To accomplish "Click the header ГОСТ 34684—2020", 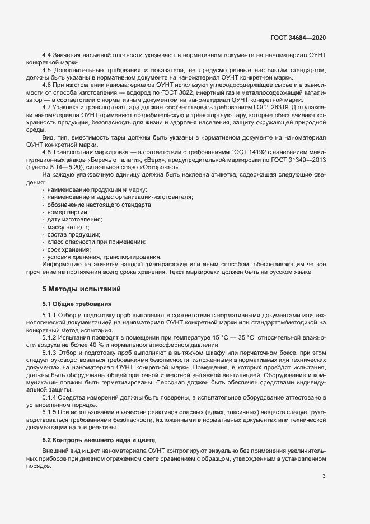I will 297,37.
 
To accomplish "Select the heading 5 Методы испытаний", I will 78,289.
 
